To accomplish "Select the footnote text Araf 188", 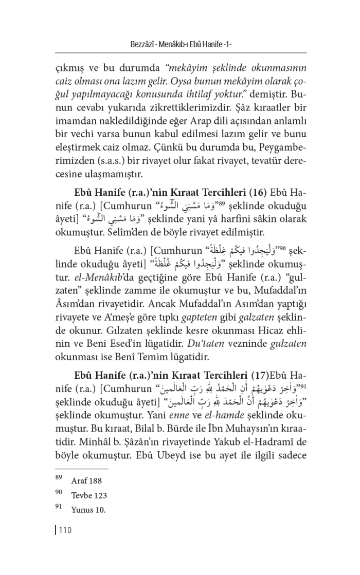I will (x=87, y=481).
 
